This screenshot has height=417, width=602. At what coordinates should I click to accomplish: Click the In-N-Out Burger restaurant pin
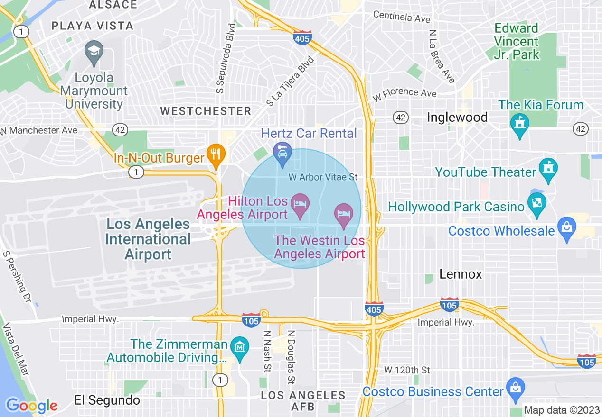point(216,154)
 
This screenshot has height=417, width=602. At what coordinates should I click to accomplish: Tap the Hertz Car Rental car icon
point(282,153)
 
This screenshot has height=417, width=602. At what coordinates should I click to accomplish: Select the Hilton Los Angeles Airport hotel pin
point(300,204)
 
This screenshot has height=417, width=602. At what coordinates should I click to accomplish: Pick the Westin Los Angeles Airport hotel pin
point(343,214)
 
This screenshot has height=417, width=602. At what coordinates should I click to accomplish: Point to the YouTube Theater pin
point(548,169)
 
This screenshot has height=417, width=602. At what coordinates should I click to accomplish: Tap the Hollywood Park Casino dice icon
point(537,204)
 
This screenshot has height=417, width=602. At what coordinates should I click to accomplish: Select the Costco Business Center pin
point(515,388)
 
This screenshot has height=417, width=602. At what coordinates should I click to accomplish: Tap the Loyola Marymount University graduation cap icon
point(94,50)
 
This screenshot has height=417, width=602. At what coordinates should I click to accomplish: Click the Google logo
point(31,405)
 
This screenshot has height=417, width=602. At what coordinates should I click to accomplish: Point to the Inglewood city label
point(457,118)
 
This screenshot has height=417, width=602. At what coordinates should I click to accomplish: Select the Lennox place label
point(461,274)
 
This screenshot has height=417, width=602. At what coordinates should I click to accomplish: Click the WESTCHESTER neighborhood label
point(206,111)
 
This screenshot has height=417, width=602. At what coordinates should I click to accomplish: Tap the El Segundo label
point(107,400)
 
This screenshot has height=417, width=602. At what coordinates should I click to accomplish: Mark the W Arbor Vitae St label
point(323,177)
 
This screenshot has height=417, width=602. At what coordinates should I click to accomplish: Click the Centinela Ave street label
point(402,17)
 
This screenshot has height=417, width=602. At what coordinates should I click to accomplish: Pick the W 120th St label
point(407,369)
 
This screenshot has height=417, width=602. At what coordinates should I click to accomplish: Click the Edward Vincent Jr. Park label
point(517,41)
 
